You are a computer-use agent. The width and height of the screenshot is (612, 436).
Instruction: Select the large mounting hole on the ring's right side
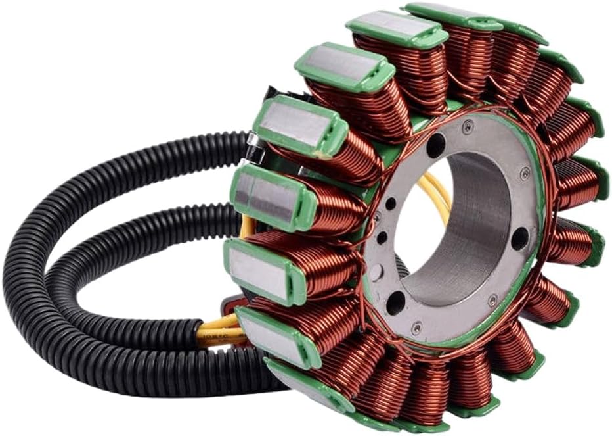tap(519, 237)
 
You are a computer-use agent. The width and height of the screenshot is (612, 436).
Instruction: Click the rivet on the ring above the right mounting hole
tap(524, 175)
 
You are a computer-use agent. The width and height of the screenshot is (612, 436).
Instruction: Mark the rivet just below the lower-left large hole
tap(416, 325)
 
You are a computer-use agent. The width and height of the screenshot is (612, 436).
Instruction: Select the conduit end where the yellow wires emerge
tap(200, 329)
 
